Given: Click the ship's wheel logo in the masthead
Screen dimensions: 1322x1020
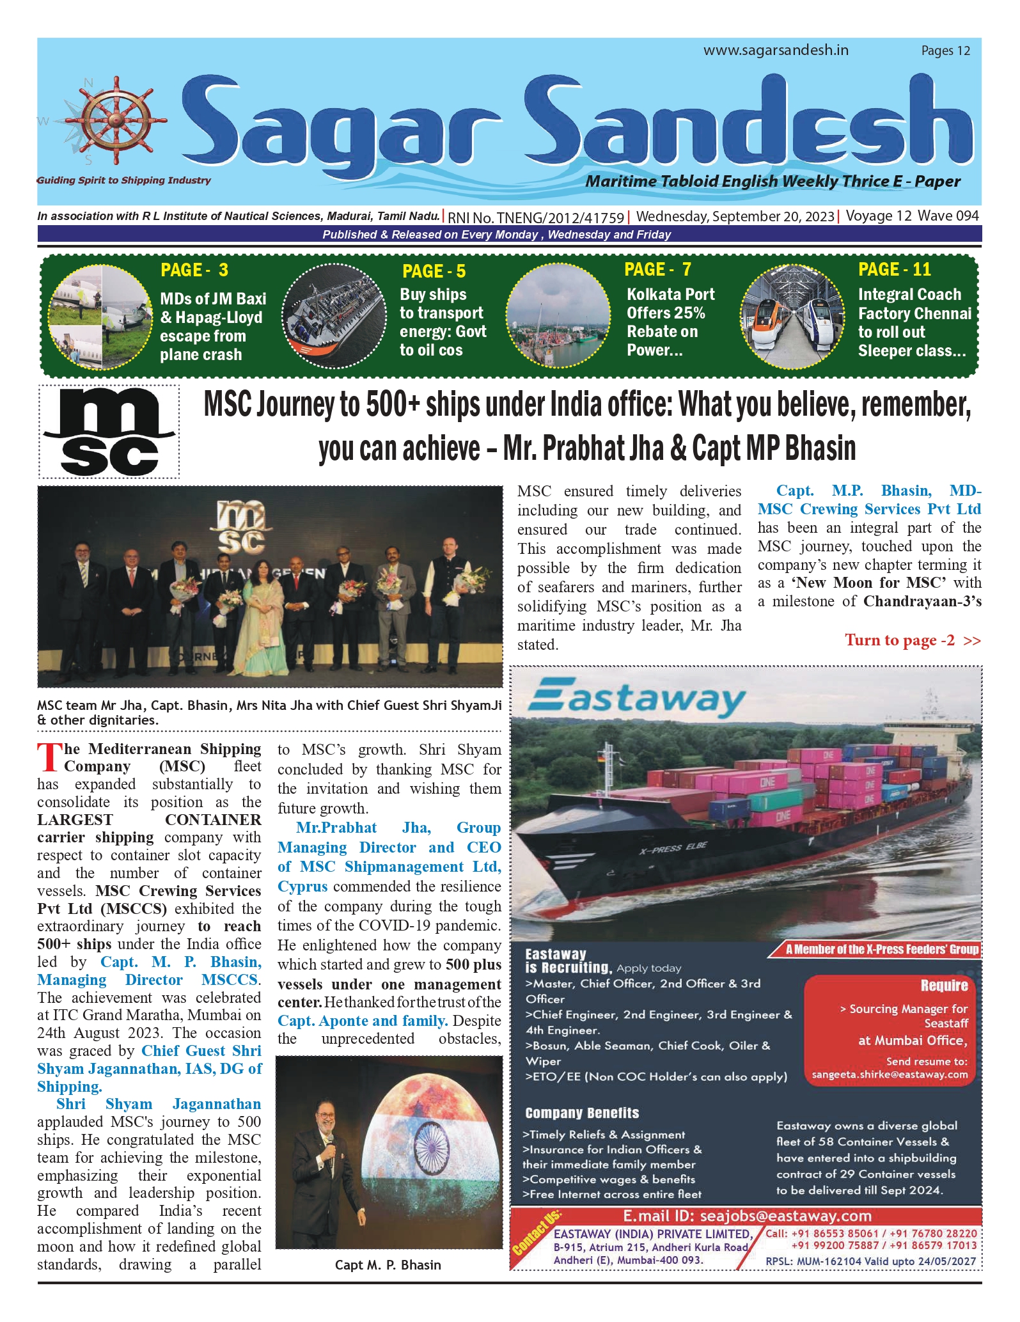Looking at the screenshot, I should tap(116, 120).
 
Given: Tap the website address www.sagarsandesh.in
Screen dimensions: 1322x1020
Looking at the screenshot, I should tap(776, 50).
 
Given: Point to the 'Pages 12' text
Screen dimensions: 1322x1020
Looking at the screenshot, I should tap(945, 51).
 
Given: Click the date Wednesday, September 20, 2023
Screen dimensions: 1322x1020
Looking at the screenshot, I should tap(735, 216).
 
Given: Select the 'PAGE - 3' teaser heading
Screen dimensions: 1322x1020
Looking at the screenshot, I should tap(194, 270).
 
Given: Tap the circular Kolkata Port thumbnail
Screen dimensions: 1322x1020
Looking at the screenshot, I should tap(558, 315).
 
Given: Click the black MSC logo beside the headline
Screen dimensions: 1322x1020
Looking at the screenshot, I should tap(109, 431).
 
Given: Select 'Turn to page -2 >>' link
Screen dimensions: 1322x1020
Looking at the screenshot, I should tap(912, 640).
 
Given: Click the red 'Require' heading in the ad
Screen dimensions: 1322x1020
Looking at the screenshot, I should tap(944, 986).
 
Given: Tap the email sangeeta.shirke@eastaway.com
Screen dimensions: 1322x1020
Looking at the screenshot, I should tap(890, 1074).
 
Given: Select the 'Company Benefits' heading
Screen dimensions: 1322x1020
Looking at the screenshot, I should tap(582, 1113).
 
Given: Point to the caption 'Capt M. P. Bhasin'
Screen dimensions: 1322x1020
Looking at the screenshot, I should tap(388, 1265).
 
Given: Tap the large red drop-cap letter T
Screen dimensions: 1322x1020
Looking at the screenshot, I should tap(49, 758).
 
